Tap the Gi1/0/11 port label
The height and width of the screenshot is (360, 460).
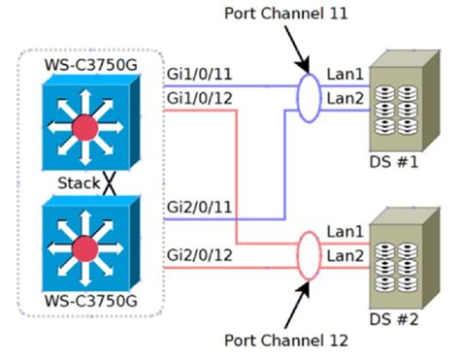202,74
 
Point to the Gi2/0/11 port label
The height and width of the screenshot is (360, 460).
202,208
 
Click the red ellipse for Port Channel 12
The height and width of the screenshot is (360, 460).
308,258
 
